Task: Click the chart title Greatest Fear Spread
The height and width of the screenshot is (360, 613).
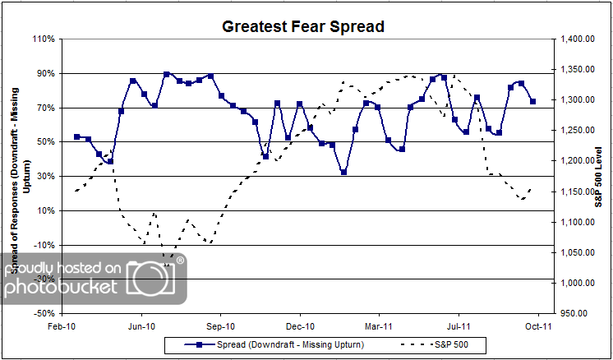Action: point(304,26)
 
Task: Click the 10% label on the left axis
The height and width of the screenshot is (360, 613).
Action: point(45,210)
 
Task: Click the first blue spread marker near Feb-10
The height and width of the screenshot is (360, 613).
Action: point(77,136)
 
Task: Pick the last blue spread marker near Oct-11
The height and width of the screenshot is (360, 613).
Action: point(533,101)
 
